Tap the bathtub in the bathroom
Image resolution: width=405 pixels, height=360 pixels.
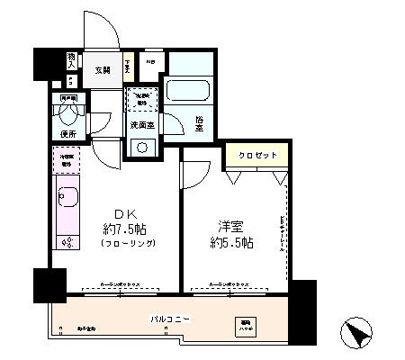point(189,92)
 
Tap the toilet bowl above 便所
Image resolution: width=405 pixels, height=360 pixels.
point(65,116)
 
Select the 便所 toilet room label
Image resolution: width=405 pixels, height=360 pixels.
point(66,134)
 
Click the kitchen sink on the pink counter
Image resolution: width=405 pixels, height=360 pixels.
point(67,197)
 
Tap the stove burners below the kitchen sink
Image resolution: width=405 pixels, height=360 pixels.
point(67,240)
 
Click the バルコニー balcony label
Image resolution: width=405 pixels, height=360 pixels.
point(168,319)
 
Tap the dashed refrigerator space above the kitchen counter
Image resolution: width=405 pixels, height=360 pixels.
point(66,161)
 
